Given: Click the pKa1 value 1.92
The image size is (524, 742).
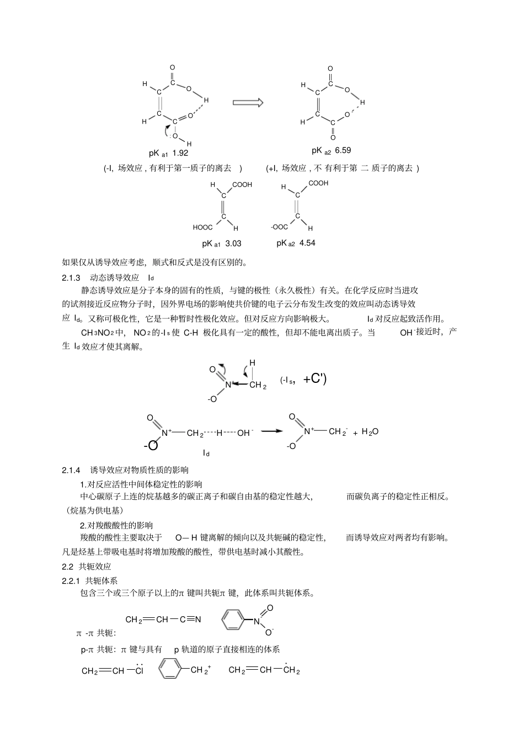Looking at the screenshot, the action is tap(180, 153).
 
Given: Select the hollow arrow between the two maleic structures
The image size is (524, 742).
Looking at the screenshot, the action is tap(248, 103).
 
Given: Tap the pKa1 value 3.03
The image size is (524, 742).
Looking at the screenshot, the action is tap(233, 243).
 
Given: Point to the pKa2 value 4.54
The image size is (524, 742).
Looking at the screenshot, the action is tap(307, 243).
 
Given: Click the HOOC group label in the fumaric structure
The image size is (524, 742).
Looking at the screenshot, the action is tap(202, 227).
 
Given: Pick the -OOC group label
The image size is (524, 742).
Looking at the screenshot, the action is tap(279, 227).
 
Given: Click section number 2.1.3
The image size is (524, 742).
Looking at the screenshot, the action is tap(72, 277).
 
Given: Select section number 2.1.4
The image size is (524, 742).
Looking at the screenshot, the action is tap(72, 470).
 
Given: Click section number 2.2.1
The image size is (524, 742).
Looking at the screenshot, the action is tap(72, 580).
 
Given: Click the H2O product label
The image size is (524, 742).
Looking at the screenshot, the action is tap(370, 433).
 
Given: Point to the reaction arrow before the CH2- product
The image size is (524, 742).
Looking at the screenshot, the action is tap(272, 431).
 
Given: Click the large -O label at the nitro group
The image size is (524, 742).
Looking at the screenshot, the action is tap(151, 445).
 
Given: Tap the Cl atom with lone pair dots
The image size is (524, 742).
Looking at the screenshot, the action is tap(139, 671).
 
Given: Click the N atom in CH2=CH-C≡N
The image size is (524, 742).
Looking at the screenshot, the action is tap(198, 619).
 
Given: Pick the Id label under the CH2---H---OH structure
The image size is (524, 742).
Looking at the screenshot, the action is tap(206, 453).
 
